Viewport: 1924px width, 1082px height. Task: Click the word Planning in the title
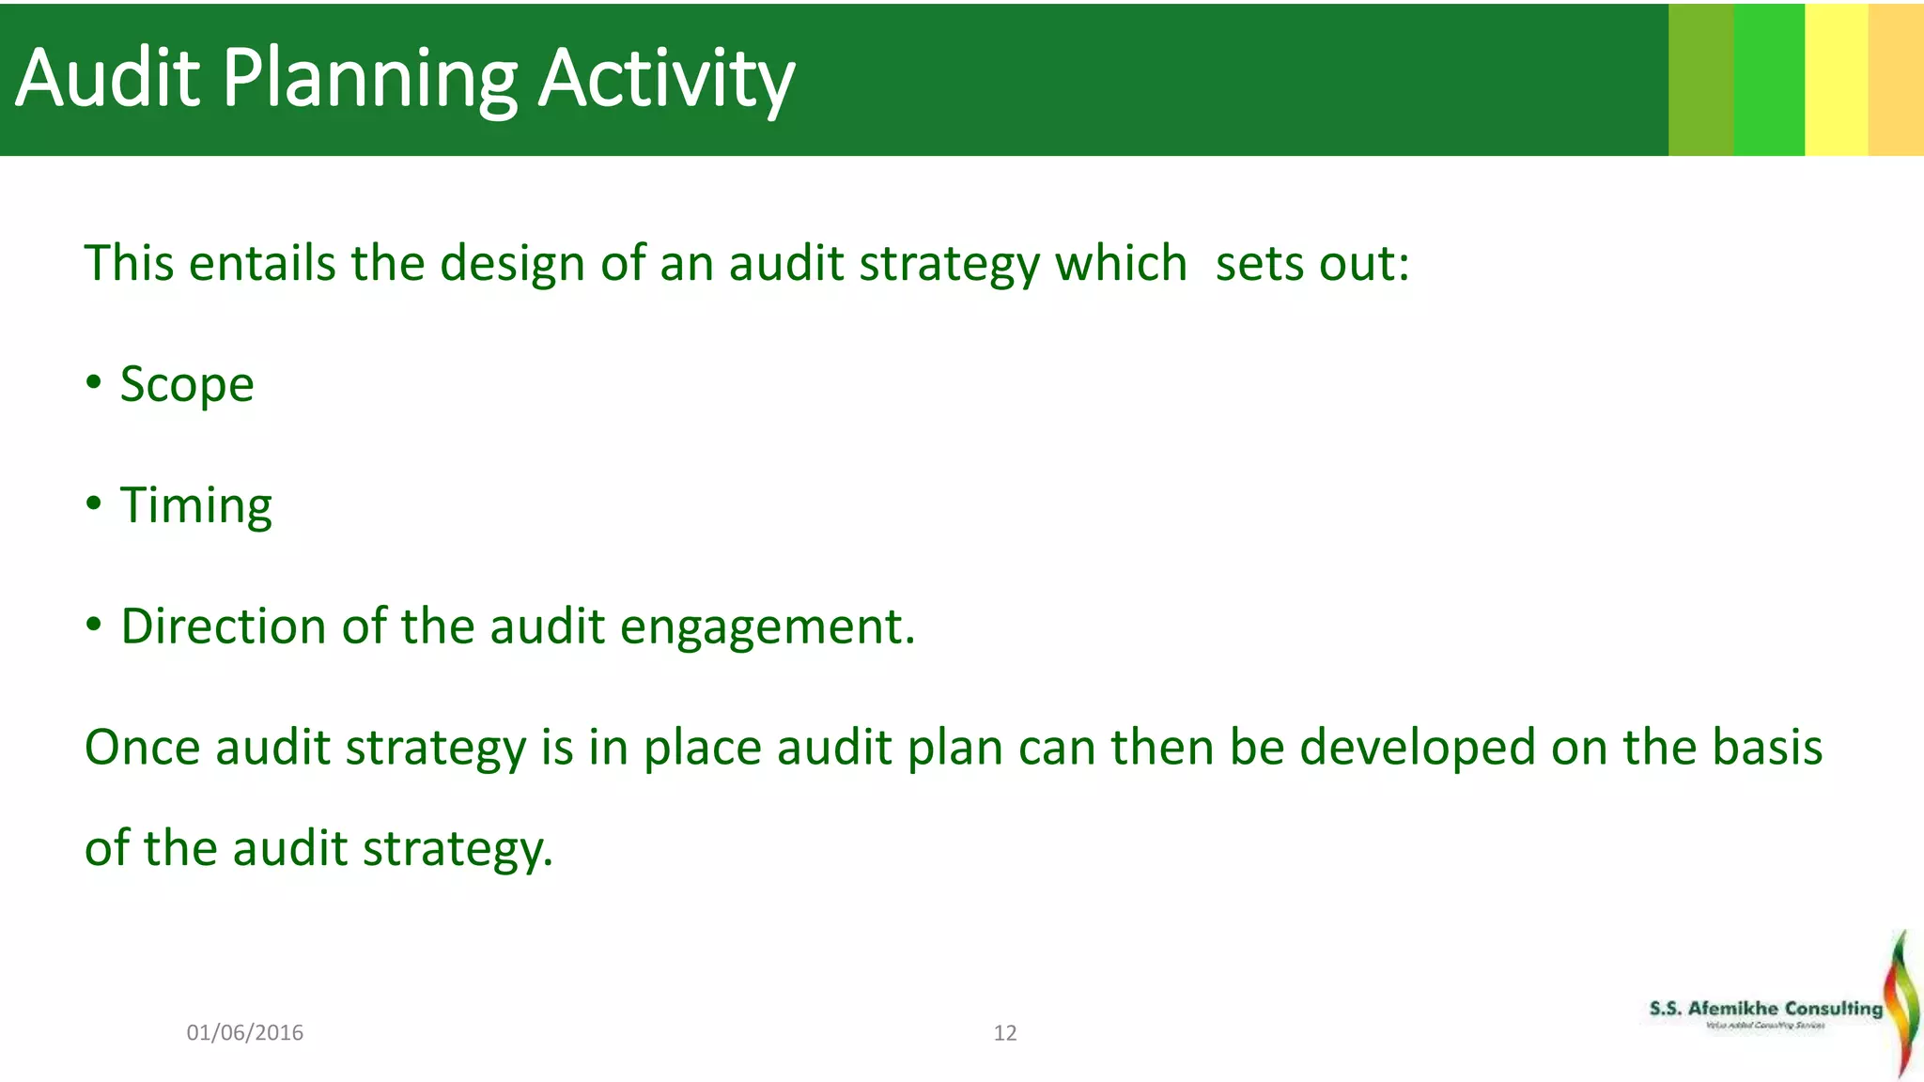pos(369,79)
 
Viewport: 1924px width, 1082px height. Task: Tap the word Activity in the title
pos(666,79)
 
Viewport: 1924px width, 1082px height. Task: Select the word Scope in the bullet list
pos(187,385)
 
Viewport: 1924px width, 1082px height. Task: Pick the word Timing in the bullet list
pos(195,506)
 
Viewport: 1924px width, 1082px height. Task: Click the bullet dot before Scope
pos(93,382)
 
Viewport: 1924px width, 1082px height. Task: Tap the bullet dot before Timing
pos(93,503)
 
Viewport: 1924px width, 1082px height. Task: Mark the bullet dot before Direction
pos(93,624)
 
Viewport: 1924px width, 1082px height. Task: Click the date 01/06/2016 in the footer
pos(245,1033)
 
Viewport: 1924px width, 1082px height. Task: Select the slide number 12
pos(1005,1033)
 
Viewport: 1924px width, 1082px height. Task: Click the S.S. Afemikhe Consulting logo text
pos(1765,1009)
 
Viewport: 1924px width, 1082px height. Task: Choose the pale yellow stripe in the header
pos(1836,79)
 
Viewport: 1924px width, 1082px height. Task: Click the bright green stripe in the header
pos(1768,79)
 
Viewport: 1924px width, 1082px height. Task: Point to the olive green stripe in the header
pos(1700,79)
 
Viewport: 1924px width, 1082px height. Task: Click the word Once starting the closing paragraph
pos(142,749)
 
